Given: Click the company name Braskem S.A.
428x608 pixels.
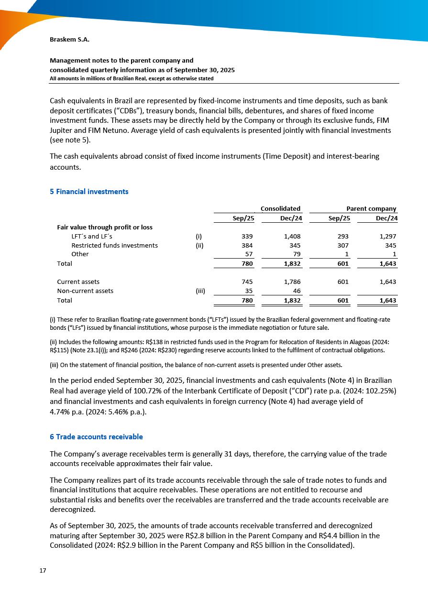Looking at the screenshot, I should click(x=69, y=40).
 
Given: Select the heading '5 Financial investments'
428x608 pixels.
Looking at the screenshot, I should click(x=89, y=192).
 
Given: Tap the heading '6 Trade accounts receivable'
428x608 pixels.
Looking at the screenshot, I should click(x=96, y=437).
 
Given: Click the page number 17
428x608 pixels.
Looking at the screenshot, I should click(x=43, y=570).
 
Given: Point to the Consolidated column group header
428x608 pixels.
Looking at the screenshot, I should click(x=280, y=208).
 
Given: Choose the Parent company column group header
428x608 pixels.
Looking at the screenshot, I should click(x=372, y=208).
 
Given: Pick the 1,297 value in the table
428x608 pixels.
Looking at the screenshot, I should click(x=387, y=236).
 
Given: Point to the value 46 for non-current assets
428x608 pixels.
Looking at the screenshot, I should click(x=296, y=291).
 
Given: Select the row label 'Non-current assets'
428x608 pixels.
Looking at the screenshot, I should click(x=85, y=291).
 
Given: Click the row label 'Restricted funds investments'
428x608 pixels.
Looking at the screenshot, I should click(x=114, y=245).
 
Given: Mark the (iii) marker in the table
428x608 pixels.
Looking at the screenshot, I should click(x=200, y=291).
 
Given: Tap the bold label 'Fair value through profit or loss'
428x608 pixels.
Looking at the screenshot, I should click(x=105, y=227).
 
